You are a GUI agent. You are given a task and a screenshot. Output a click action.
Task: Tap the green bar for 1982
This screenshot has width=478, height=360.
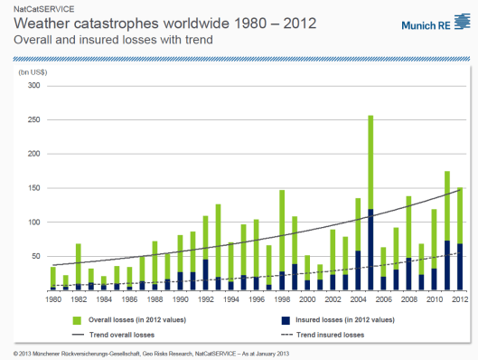(x=79, y=263)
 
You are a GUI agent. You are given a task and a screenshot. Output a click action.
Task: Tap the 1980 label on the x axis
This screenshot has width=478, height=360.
(x=52, y=299)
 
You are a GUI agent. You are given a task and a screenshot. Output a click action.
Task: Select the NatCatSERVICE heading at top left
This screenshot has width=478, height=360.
(x=38, y=7)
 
